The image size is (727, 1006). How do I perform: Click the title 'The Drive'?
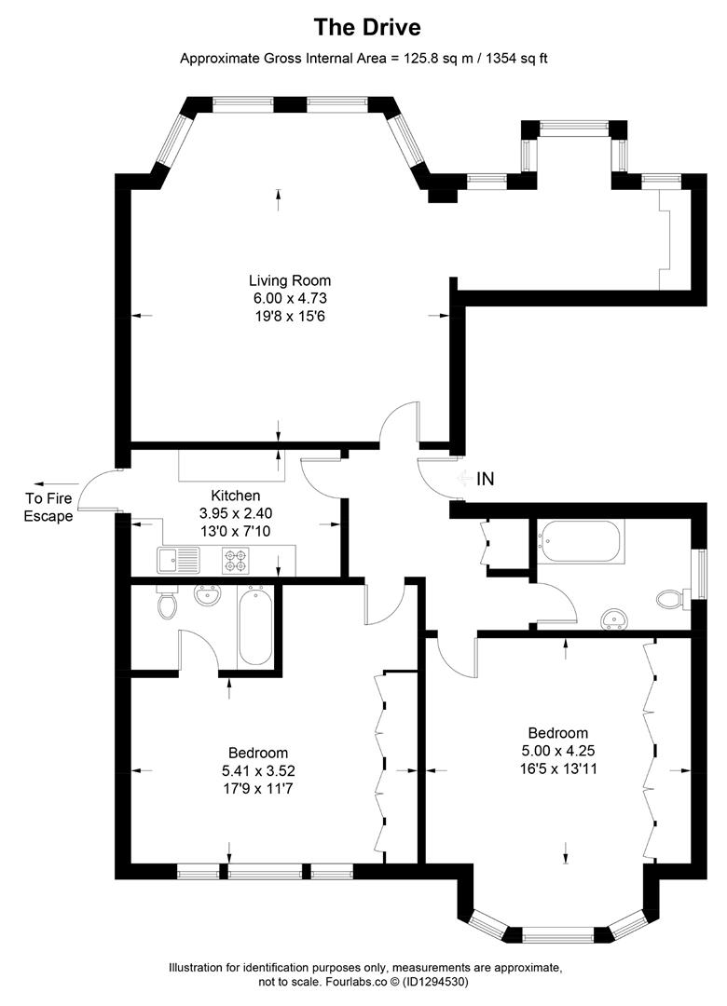(x=367, y=27)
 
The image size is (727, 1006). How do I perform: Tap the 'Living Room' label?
(x=290, y=280)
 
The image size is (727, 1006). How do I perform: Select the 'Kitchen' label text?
(x=236, y=496)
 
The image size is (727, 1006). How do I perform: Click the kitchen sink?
(x=178, y=560)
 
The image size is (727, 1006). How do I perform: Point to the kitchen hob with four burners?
(x=236, y=560)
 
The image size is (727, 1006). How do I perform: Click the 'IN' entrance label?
(x=486, y=479)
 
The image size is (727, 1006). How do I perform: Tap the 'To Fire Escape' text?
(x=48, y=507)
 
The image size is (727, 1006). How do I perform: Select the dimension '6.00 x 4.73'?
(x=290, y=298)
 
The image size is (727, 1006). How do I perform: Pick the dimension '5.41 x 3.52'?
(x=258, y=770)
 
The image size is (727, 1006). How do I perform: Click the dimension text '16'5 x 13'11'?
(x=558, y=768)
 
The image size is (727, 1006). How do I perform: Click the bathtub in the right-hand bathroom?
(x=581, y=541)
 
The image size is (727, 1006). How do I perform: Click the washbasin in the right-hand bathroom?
(x=615, y=619)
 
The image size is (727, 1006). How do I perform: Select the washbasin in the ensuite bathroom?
(x=208, y=595)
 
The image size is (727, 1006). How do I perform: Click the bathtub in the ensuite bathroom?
(x=255, y=626)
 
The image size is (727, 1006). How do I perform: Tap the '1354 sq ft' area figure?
(x=516, y=59)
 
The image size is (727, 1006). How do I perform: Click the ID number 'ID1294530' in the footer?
(x=436, y=982)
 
